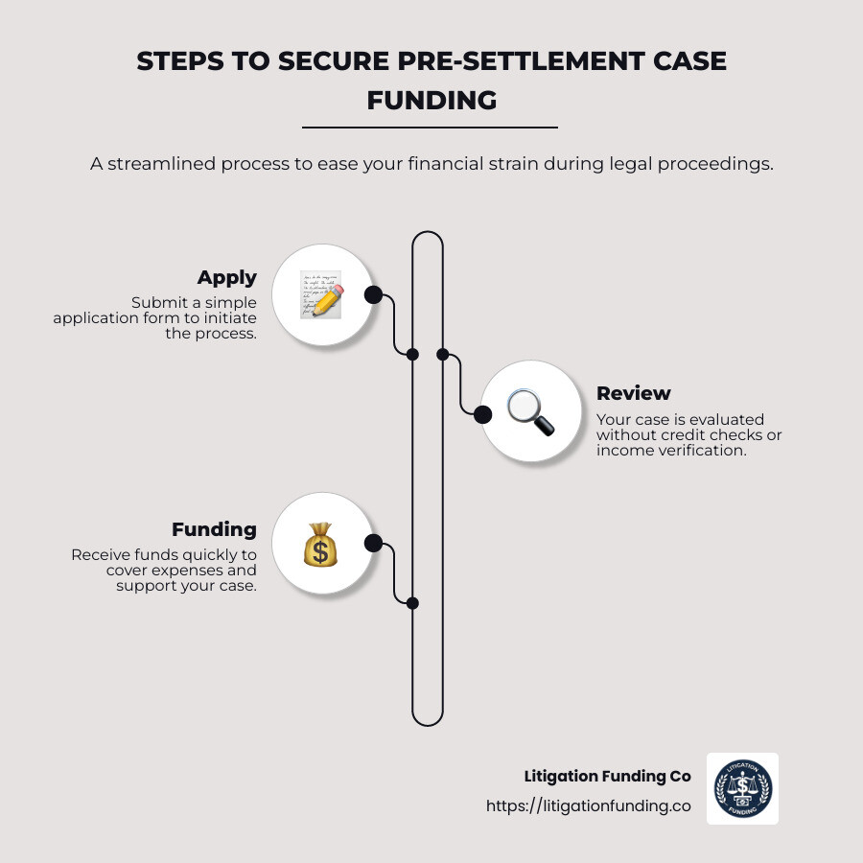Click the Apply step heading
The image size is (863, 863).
pos(227,277)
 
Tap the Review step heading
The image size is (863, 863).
pos(634,393)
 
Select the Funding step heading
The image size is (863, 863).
pos(214,529)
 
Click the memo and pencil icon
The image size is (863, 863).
pos(320,293)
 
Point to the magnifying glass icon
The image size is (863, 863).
pos(530,412)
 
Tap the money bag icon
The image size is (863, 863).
pos(320,545)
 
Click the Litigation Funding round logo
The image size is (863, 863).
pos(743,788)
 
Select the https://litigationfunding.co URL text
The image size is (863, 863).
pos(588,806)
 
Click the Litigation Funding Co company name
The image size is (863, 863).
pos(607,776)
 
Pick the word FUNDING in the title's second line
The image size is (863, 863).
pos(431,100)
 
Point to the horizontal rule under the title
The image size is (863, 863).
pos(430,127)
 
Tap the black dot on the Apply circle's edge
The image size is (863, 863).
pos(373,294)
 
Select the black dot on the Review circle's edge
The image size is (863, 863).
pos(482,413)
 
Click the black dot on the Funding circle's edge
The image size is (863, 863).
pos(373,544)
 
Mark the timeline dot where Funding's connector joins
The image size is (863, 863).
pos(412,603)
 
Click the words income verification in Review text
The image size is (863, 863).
pos(670,450)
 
